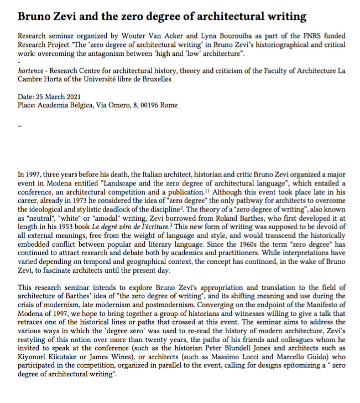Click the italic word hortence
click(33, 71)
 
